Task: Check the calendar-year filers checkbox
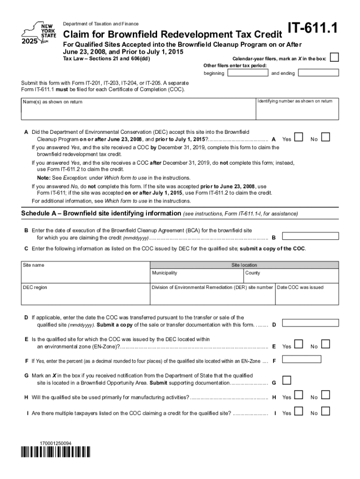click(334, 58)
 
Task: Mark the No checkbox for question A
click(326, 137)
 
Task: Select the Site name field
click(85, 276)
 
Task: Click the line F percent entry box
click(302, 359)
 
